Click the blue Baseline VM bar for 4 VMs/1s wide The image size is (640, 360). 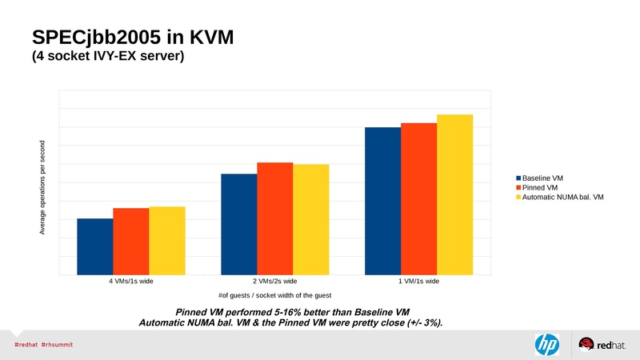click(94, 246)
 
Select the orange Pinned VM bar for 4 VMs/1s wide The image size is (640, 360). click(130, 241)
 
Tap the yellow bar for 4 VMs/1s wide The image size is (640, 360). click(166, 240)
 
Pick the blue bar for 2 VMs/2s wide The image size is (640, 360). click(238, 224)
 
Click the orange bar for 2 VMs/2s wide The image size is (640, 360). click(274, 218)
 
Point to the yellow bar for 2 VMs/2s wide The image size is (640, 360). click(310, 219)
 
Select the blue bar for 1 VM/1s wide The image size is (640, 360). click(382, 201)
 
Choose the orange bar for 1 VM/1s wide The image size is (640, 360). click(418, 198)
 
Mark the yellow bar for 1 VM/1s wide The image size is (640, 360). click(454, 194)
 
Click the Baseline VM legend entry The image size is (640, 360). click(544, 178)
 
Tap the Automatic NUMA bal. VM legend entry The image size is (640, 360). click(562, 197)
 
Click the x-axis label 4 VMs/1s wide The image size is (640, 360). click(130, 282)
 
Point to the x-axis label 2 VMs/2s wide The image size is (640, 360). click(274, 282)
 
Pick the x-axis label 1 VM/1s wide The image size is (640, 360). click(418, 282)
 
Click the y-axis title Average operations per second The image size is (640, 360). click(42, 188)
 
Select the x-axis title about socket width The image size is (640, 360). click(274, 296)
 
